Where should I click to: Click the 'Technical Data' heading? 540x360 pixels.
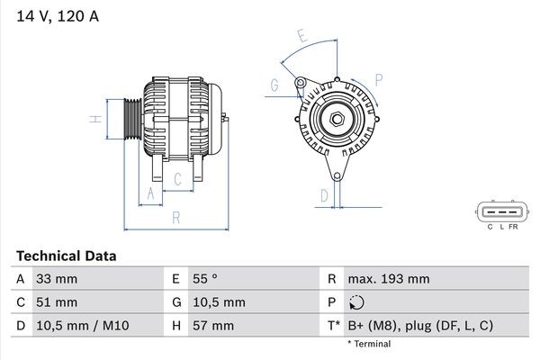pos(65,256)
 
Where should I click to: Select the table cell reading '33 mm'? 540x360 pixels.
pos(57,279)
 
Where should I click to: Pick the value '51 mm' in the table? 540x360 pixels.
pos(57,301)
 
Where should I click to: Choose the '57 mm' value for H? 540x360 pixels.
pos(213,324)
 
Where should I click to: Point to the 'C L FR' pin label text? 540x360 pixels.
pos(502,228)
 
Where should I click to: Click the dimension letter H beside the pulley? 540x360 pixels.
pos(93,119)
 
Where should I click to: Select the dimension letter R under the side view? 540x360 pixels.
pos(175,217)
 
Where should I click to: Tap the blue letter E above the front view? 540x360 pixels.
pos(301,38)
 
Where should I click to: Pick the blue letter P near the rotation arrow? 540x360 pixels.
pos(379,79)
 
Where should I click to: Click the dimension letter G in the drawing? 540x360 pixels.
pos(273,86)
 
